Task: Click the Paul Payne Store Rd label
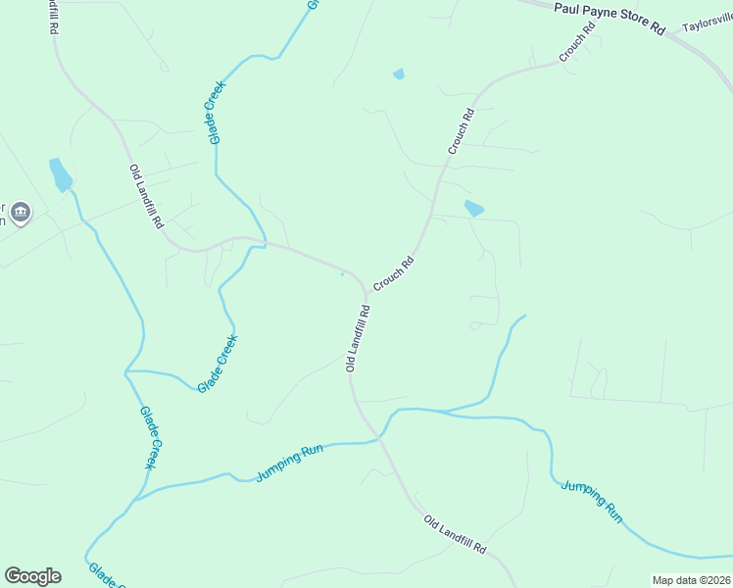[x=609, y=18]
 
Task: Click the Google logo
[x=32, y=575]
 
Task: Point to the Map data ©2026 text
[x=691, y=580]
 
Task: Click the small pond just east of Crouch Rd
[x=474, y=208]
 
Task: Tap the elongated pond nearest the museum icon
[x=60, y=174]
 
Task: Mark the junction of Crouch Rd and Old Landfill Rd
[x=366, y=291]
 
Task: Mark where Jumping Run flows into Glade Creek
[x=131, y=499]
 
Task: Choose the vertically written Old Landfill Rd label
[x=358, y=338]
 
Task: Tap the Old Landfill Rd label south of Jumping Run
[x=455, y=534]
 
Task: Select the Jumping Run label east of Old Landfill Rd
[x=592, y=499]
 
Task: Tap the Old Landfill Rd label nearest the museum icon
[x=146, y=196]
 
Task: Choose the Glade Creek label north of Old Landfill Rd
[x=216, y=112]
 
